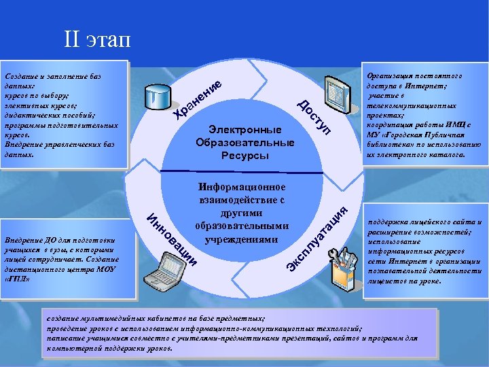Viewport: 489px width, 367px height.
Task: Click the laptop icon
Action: [170, 266]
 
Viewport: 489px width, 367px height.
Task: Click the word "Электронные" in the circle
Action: [244, 129]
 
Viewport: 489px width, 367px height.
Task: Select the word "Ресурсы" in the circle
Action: [244, 156]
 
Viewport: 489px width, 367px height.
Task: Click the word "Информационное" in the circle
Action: [242, 187]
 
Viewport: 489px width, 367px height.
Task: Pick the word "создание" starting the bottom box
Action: [62, 317]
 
